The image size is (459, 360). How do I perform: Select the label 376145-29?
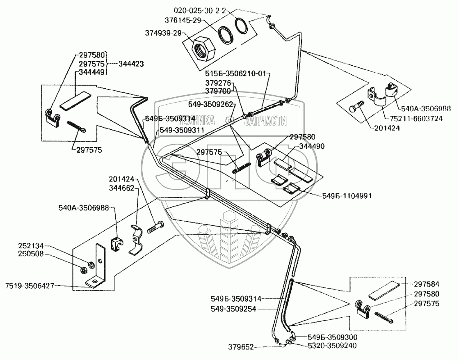(183, 20)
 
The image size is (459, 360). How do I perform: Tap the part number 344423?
(131, 64)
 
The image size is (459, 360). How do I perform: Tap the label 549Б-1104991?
(347, 195)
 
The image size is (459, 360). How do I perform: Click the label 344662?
(121, 188)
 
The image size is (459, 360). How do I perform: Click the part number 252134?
(31, 246)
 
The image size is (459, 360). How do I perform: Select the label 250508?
(31, 254)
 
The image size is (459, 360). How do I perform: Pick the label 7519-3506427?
(30, 285)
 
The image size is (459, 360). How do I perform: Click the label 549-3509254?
(233, 308)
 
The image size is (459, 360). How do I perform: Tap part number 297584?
(427, 284)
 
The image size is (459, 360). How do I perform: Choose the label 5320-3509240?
(332, 346)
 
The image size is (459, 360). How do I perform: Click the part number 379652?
(241, 347)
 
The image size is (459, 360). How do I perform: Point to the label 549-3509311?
(181, 130)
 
